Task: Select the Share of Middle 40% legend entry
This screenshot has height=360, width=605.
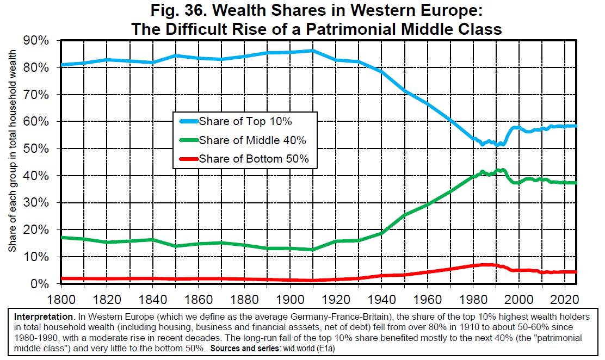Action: point(252,140)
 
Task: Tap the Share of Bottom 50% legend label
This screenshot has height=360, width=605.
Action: point(254,159)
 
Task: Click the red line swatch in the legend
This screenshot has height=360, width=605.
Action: point(186,159)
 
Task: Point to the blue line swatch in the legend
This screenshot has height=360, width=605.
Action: point(186,121)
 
